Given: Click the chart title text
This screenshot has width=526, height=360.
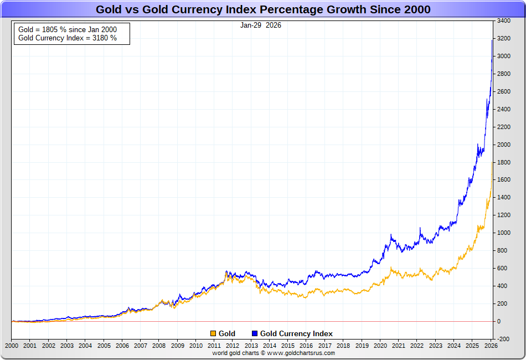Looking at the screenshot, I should [263, 9].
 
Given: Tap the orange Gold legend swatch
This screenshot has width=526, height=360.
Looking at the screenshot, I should [213, 333].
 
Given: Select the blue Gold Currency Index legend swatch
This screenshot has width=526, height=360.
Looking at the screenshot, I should [255, 333].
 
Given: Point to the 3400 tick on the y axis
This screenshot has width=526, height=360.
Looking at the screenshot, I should [504, 21].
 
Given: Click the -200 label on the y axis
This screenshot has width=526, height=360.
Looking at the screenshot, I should [504, 339].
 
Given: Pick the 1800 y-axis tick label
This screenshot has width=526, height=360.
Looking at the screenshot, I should [504, 162].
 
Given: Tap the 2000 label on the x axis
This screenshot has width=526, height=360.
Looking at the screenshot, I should [12, 346].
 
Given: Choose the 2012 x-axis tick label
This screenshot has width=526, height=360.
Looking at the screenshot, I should [233, 346].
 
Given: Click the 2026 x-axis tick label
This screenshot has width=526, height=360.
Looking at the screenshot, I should [490, 346].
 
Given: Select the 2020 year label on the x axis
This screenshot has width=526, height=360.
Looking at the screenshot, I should [380, 346].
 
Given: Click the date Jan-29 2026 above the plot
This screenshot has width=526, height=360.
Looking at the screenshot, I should [260, 25].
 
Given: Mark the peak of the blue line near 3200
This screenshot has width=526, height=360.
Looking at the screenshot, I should [492, 40].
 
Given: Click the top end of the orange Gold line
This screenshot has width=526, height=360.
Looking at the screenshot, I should [492, 162].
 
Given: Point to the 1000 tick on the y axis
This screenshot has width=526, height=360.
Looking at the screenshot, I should [504, 233].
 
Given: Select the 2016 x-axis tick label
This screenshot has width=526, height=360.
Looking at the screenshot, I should [306, 346].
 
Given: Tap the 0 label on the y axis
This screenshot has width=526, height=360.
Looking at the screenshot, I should [499, 321].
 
